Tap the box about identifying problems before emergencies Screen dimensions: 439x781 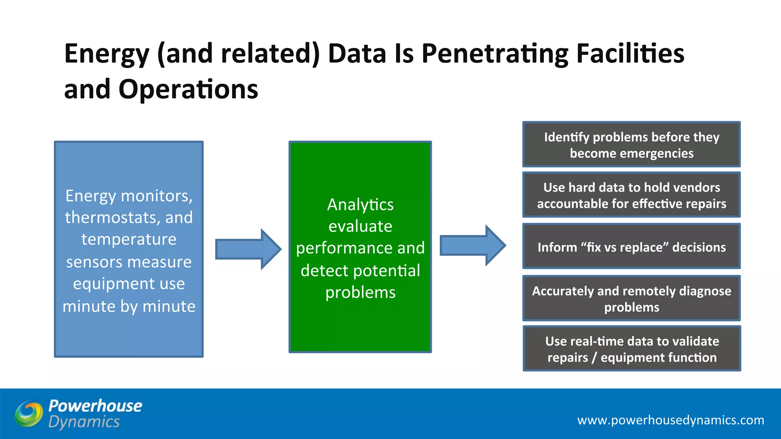point(632,144)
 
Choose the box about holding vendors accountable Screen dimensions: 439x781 point(632,195)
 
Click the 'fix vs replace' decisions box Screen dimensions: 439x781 point(632,247)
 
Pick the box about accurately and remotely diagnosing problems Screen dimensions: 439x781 point(632,298)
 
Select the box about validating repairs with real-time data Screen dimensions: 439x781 point(632,349)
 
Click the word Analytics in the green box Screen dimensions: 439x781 point(360,205)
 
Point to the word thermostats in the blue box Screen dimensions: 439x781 point(112,218)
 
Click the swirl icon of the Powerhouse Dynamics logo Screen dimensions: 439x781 point(29,413)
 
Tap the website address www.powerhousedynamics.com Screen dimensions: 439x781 point(670,420)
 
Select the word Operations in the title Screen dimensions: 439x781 point(188,89)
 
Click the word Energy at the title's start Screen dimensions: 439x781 point(107,54)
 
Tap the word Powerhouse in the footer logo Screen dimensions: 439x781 point(95,406)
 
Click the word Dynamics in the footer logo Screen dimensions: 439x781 point(84,422)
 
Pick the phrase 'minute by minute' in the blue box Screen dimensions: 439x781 point(129,306)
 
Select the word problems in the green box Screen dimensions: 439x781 point(360,293)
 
